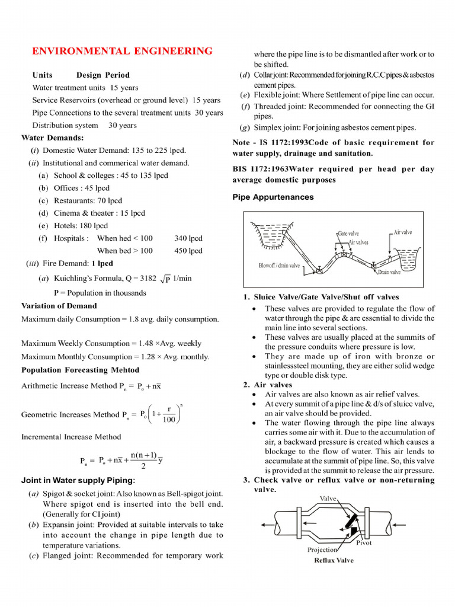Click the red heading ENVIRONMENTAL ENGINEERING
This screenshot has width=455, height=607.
pyautogui.click(x=122, y=51)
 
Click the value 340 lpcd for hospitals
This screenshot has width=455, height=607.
pyautogui.click(x=188, y=238)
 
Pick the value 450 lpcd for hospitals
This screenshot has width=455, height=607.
pyautogui.click(x=188, y=251)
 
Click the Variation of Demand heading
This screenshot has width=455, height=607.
pyautogui.click(x=59, y=306)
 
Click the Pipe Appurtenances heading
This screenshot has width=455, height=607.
pyautogui.click(x=273, y=197)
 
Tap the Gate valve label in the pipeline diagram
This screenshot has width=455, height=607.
pyautogui.click(x=348, y=234)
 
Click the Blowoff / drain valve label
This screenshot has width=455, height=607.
pyautogui.click(x=279, y=266)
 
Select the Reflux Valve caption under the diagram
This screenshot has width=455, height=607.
pyautogui.click(x=334, y=560)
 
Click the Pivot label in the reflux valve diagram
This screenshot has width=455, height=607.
pyautogui.click(x=364, y=542)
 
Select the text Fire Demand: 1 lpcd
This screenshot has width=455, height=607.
pyautogui.click(x=76, y=264)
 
